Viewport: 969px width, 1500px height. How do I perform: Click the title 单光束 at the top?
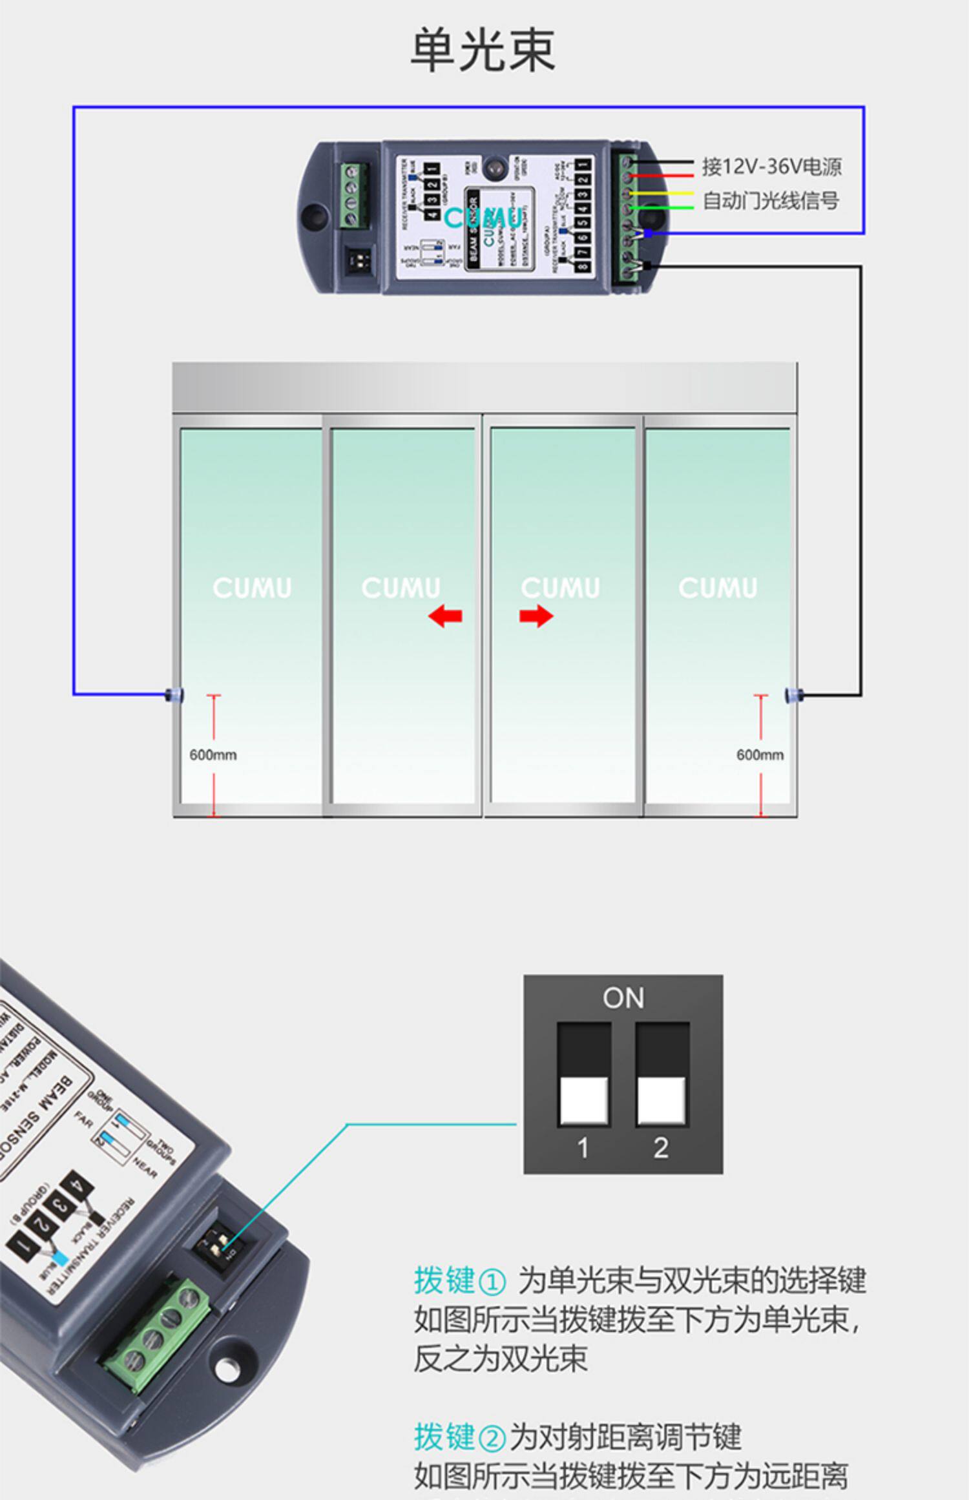483,50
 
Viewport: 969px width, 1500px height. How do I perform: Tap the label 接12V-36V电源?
771,167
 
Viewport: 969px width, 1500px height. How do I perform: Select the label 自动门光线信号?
771,201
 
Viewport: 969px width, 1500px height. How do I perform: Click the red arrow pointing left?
445,616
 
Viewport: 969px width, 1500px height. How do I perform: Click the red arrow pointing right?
536,616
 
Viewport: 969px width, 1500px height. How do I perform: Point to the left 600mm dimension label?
213,755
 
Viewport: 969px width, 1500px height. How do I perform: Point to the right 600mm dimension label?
760,755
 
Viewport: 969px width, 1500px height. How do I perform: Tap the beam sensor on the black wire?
791,695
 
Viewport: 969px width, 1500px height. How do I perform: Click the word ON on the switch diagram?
623,998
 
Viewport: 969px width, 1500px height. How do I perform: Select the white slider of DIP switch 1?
583,1100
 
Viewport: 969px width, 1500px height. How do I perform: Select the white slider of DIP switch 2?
662,1100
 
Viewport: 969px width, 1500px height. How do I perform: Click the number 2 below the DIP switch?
660,1148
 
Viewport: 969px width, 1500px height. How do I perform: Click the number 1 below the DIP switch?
583,1148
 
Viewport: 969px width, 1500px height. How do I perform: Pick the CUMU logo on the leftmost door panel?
252,588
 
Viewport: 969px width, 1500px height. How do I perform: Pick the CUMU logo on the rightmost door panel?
718,588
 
